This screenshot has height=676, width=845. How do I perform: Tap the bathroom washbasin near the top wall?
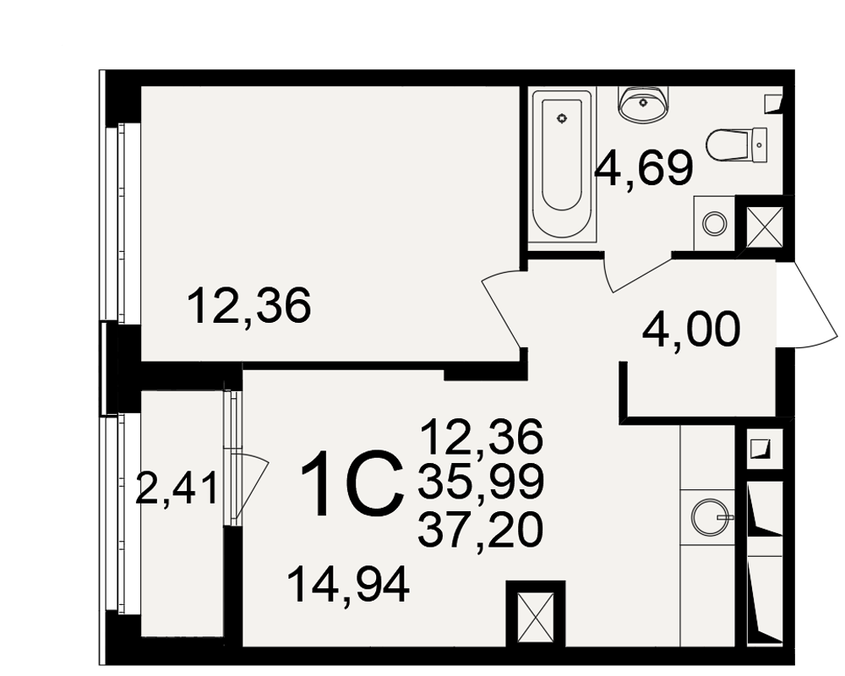(x=644, y=104)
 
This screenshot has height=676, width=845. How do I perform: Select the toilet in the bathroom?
(x=736, y=145)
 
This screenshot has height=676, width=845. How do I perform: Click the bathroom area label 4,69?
(x=643, y=168)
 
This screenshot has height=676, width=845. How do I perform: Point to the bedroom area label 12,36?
(x=249, y=306)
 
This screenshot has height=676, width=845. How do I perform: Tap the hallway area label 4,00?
(x=691, y=330)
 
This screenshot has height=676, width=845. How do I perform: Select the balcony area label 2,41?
(x=177, y=488)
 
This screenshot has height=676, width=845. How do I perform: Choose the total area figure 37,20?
(x=481, y=529)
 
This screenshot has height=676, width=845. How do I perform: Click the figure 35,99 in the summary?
(x=481, y=482)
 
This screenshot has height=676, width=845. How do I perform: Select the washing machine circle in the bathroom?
(x=715, y=222)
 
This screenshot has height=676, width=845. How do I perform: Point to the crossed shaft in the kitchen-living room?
(x=536, y=616)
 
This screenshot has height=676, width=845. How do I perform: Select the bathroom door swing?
(x=639, y=272)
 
